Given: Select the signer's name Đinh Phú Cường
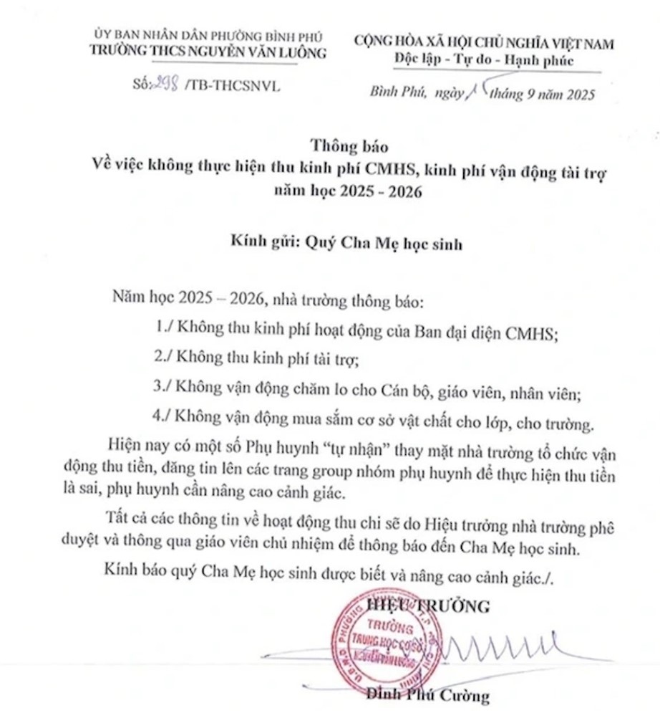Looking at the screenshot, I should [x=427, y=694].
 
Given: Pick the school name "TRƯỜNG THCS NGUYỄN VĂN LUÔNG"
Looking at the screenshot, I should [x=208, y=52].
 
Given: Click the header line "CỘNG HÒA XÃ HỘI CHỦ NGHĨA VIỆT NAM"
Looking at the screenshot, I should [x=484, y=43].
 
